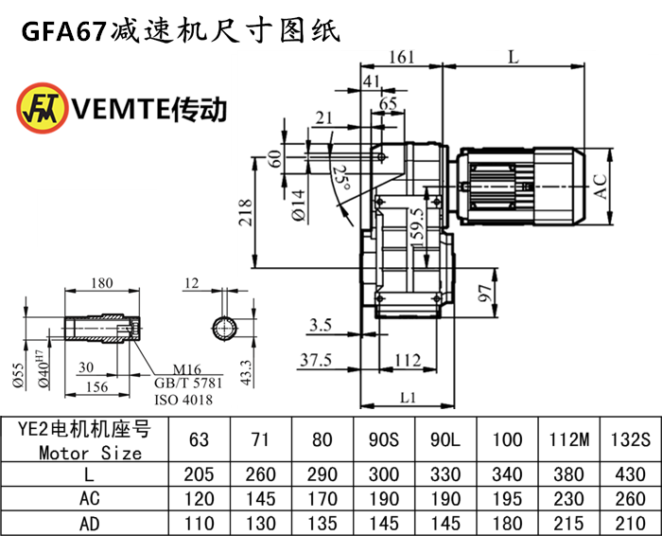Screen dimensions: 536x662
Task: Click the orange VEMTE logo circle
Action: pyautogui.click(x=39, y=110)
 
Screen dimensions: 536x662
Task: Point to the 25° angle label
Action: pyautogui.click(x=341, y=177)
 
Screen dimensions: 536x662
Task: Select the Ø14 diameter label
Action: pyautogui.click(x=297, y=205)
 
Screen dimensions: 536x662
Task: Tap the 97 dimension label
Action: pyautogui.click(x=484, y=295)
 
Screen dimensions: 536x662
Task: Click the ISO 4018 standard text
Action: pyautogui.click(x=183, y=400)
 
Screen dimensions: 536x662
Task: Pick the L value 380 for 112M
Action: pyautogui.click(x=560, y=473)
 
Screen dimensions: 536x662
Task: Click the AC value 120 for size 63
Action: pyautogui.click(x=200, y=498)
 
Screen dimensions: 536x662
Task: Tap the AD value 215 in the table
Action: pyautogui.click(x=560, y=522)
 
